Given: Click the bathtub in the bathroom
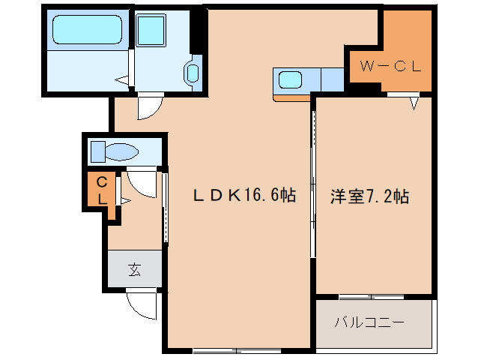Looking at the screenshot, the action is pyautogui.click(x=88, y=29).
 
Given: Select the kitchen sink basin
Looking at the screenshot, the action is pyautogui.click(x=290, y=80).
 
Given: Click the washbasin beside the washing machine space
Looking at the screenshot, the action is pyautogui.click(x=193, y=73).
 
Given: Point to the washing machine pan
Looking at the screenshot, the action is pyautogui.click(x=151, y=30).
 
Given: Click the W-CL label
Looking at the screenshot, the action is pyautogui.click(x=390, y=66).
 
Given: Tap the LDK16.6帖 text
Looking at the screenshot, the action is pyautogui.click(x=244, y=195).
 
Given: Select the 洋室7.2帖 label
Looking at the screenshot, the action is pyautogui.click(x=370, y=196).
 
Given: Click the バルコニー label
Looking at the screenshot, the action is pyautogui.click(x=369, y=322).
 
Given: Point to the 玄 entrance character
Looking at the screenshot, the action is pyautogui.click(x=134, y=269).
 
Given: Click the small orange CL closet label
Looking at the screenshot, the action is pyautogui.click(x=102, y=191).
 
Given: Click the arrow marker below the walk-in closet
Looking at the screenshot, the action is pyautogui.click(x=414, y=103).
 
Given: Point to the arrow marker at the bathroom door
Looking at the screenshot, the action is pyautogui.click(x=121, y=80).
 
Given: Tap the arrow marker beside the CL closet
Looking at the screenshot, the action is pyautogui.click(x=126, y=201).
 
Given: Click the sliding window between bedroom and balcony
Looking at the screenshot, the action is pyautogui.click(x=372, y=297).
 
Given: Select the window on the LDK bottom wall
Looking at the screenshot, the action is pyautogui.click(x=237, y=351).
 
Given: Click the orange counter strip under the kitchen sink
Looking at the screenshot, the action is pyautogui.click(x=291, y=98).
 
